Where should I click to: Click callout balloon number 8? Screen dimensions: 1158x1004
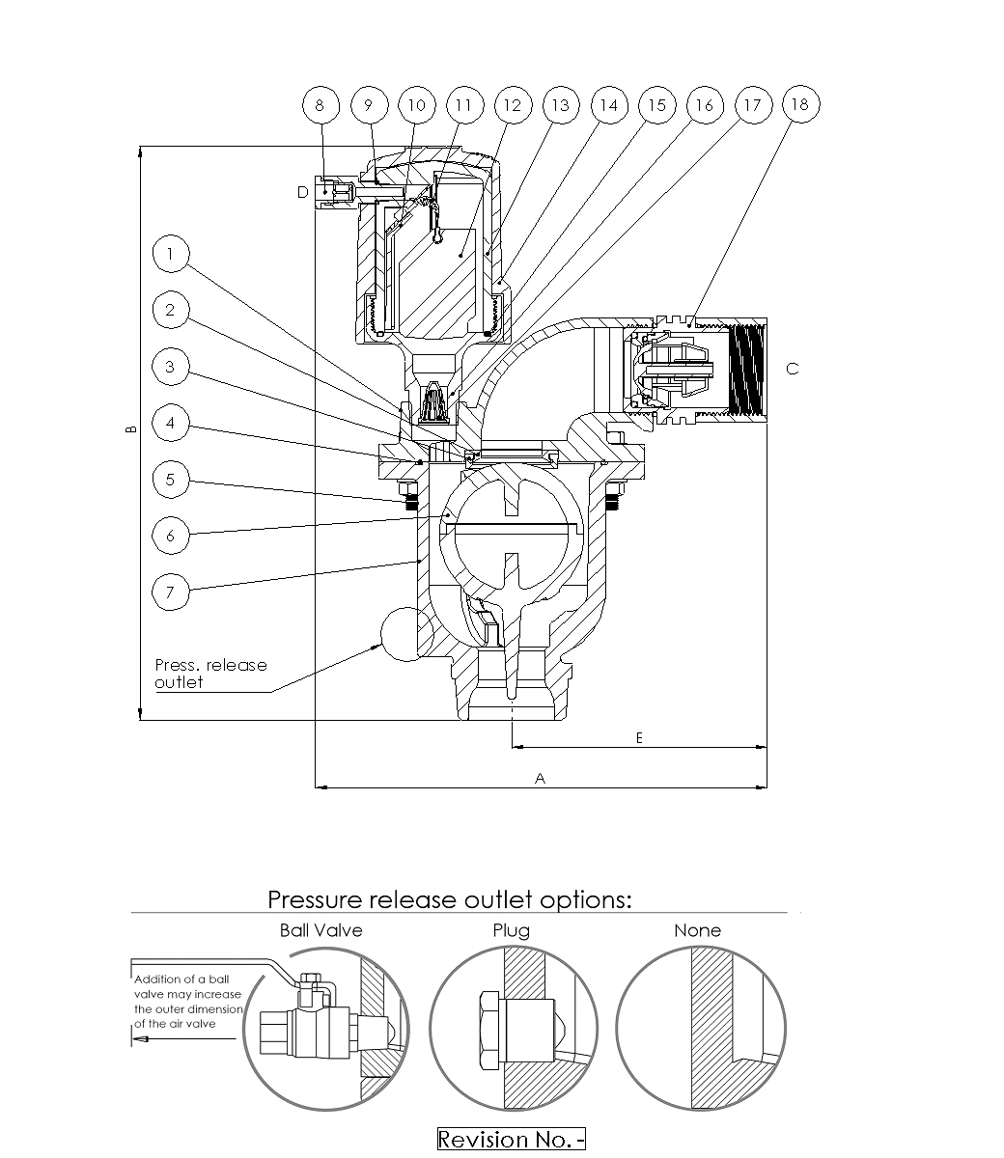321,104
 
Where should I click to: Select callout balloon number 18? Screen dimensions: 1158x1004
800,104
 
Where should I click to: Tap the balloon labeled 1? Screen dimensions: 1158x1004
171,255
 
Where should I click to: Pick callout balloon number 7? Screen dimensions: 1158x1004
171,592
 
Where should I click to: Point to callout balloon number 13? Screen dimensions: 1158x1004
560,104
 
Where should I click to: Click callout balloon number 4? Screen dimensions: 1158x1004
171,424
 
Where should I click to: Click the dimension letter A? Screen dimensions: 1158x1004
541,778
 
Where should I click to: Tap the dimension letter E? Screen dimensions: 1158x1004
639,737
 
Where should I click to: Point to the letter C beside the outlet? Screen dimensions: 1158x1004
793,369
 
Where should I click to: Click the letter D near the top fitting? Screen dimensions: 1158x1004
302,193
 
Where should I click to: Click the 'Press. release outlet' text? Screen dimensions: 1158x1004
210,674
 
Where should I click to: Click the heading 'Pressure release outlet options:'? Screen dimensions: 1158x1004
450,899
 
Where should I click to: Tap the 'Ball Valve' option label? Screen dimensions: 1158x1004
321,930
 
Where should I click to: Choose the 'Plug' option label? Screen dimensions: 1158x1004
511,930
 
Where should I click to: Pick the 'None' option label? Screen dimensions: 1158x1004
697,930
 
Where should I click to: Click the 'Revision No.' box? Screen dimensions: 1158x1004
512,1139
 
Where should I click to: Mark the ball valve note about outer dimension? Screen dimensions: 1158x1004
188,1002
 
